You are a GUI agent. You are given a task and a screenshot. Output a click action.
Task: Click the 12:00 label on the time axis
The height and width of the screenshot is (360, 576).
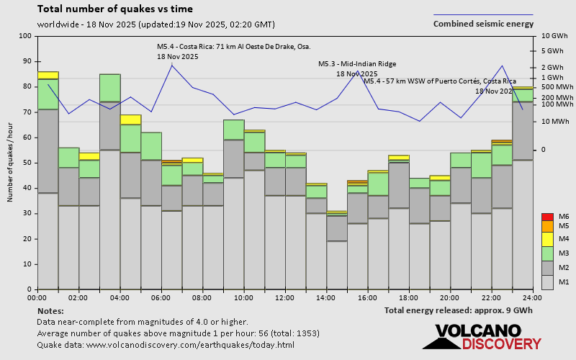(x=285, y=297)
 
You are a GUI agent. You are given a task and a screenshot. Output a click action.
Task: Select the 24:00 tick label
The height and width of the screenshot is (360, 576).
(x=532, y=297)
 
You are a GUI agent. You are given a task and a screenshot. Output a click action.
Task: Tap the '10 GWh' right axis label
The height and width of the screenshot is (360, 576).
(x=555, y=36)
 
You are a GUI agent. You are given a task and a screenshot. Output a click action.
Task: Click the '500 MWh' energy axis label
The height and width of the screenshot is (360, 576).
(x=557, y=87)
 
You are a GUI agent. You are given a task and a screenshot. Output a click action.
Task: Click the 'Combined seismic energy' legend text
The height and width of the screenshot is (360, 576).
(x=483, y=24)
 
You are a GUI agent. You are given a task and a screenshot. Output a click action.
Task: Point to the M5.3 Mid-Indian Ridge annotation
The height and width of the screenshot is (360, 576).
(x=357, y=64)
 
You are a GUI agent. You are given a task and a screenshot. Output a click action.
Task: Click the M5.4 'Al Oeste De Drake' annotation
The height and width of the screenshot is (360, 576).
(x=233, y=47)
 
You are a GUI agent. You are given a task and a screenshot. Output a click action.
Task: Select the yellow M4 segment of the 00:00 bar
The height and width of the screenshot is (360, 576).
(x=48, y=75)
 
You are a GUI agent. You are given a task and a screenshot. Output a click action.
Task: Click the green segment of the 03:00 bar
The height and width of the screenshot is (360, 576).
(x=110, y=87)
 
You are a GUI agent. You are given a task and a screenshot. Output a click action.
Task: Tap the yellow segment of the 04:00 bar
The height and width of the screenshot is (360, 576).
(x=131, y=120)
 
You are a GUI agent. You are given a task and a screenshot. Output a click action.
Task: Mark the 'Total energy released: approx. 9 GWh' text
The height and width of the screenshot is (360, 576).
(x=459, y=311)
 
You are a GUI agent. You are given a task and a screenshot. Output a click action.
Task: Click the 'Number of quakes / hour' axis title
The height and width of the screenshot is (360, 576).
(x=11, y=163)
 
